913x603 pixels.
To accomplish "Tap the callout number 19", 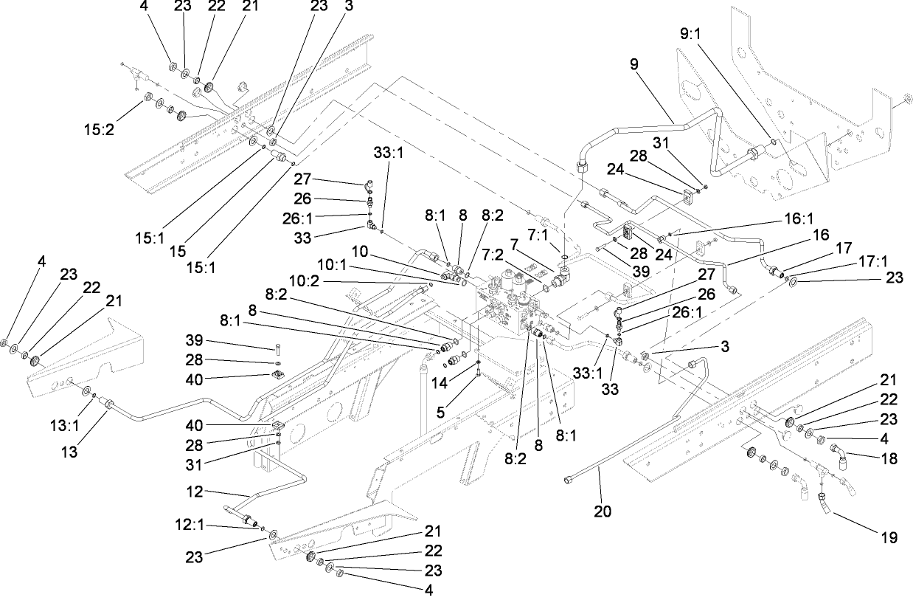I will coord(889,537).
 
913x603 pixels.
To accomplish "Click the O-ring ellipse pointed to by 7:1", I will coord(564,258).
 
